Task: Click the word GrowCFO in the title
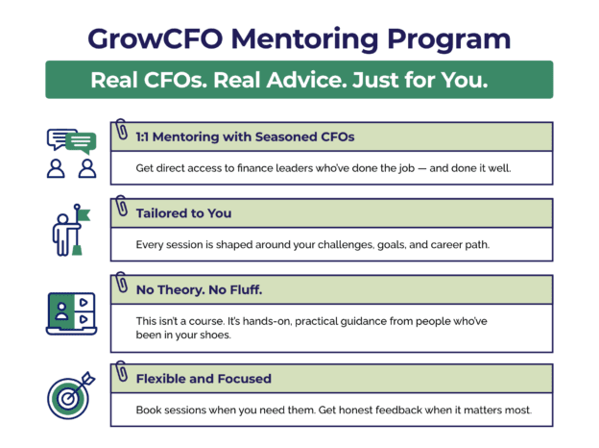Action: (x=150, y=39)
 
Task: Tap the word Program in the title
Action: (x=450, y=39)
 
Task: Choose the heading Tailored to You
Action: (x=183, y=213)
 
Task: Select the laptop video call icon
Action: (x=72, y=312)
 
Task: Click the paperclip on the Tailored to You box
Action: (x=122, y=206)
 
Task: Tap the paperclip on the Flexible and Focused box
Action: (x=122, y=370)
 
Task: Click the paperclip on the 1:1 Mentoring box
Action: (x=122, y=130)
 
